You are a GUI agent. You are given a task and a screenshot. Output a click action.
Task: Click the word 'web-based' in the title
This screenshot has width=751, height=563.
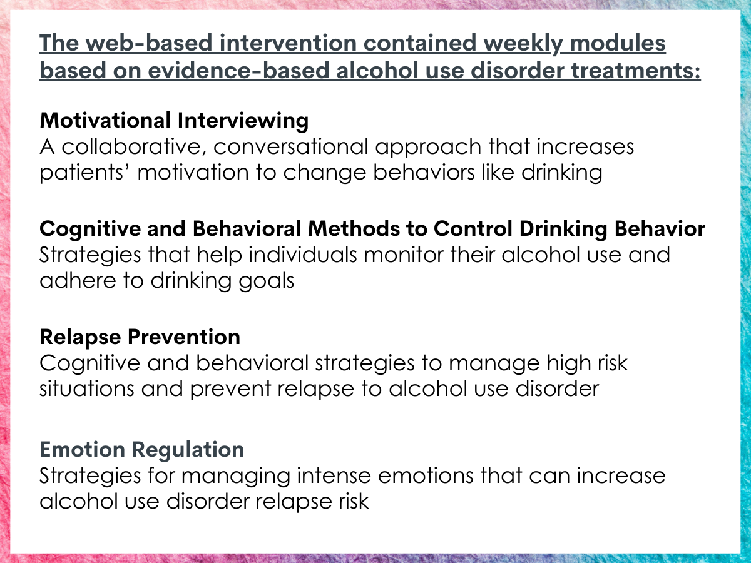tap(149, 43)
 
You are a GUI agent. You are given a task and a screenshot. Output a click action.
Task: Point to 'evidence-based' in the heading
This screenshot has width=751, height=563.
tap(239, 71)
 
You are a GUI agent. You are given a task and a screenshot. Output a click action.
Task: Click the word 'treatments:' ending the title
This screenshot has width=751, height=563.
tap(636, 71)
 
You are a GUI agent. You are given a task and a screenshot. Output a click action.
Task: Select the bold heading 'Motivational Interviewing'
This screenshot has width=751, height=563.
tap(174, 121)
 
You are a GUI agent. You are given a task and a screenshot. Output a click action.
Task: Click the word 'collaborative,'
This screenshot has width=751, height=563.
tap(134, 147)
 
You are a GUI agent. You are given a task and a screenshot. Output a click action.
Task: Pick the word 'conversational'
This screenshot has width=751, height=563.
tap(290, 147)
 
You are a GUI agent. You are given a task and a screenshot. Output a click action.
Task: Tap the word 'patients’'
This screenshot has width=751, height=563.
tap(85, 173)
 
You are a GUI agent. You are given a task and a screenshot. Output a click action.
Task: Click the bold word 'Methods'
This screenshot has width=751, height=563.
tap(354, 229)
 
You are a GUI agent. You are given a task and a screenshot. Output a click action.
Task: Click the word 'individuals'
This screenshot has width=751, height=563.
tap(303, 255)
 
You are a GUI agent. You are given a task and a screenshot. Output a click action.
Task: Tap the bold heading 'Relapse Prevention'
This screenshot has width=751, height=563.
tap(140, 337)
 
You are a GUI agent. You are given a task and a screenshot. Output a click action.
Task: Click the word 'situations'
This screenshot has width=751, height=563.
tap(87, 389)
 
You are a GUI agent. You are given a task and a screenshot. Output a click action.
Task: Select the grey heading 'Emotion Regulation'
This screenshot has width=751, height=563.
tap(142, 450)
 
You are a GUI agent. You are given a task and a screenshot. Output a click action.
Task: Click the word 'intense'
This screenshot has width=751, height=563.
tap(334, 476)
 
